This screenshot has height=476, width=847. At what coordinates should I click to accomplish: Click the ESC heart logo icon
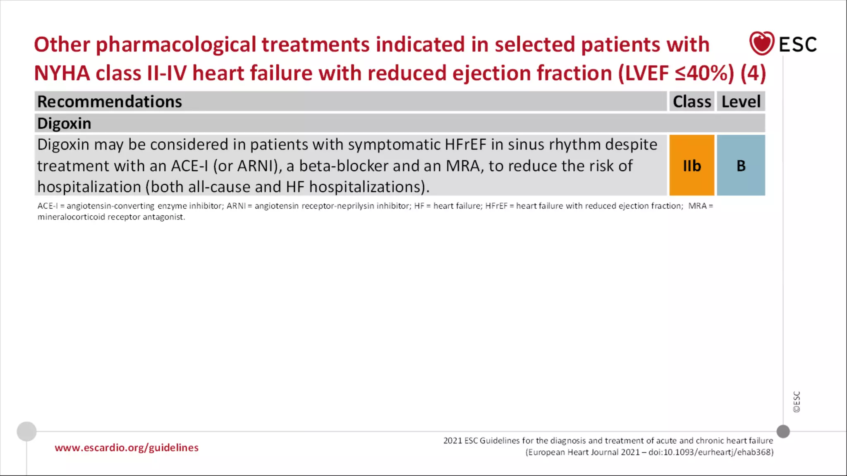[761, 43]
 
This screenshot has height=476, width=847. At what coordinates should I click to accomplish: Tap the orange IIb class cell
[691, 165]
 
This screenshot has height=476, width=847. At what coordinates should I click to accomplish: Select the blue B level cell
[741, 165]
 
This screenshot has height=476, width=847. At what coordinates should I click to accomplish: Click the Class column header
[691, 102]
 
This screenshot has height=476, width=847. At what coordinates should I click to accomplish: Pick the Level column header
[741, 102]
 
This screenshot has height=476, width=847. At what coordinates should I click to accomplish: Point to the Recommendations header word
[110, 102]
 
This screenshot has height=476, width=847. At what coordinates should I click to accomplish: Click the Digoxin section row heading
[64, 124]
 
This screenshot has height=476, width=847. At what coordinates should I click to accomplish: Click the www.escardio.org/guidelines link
[127, 447]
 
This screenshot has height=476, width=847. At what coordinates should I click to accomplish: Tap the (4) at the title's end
[753, 73]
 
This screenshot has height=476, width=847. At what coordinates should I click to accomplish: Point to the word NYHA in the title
[62, 73]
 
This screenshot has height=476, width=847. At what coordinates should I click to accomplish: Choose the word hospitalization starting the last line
[89, 187]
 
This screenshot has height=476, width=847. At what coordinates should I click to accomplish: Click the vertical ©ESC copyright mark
[797, 402]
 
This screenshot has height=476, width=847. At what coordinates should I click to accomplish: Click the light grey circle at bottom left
[26, 431]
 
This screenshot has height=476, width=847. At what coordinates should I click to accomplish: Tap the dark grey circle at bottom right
[783, 431]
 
